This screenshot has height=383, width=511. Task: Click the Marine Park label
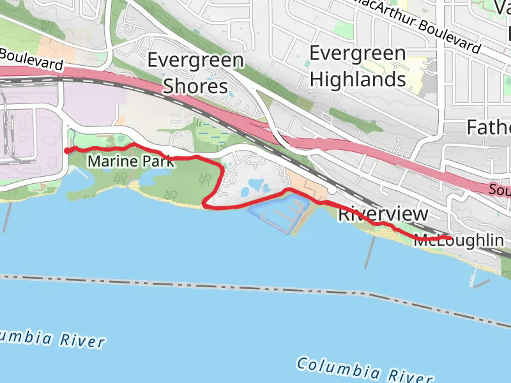click(x=130, y=161)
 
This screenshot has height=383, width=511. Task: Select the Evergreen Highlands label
click(x=357, y=66)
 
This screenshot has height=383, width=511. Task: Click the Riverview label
click(x=383, y=214)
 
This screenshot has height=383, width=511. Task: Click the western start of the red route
click(x=67, y=150)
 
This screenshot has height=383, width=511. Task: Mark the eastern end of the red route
click(x=450, y=238)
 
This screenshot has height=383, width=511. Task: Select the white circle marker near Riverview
click(x=333, y=190)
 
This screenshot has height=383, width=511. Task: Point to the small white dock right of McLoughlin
click(x=473, y=278)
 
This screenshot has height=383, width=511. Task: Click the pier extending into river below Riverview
click(x=370, y=252)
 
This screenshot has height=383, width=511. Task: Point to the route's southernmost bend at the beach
click(x=205, y=204)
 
